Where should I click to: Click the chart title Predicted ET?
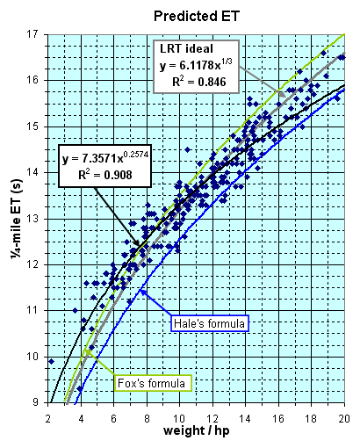point(197,16)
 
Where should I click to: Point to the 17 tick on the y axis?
point(32,35)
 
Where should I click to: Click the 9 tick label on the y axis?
point(35,402)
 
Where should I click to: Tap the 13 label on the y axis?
point(32,219)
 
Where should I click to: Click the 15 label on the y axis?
point(32,127)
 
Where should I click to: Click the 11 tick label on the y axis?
point(32,311)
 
